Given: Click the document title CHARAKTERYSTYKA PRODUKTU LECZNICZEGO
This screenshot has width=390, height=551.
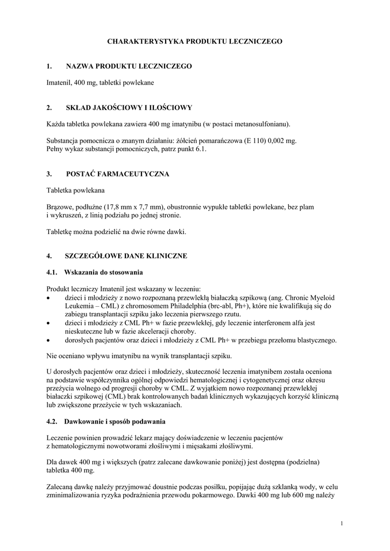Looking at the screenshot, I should click(x=194, y=41).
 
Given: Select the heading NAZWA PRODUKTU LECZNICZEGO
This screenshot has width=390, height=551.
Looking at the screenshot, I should click(x=129, y=66).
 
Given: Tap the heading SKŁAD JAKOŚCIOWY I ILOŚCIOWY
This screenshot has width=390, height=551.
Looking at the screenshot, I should click(x=129, y=108).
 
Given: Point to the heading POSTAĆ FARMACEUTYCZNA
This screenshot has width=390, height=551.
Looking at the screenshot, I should click(x=118, y=174).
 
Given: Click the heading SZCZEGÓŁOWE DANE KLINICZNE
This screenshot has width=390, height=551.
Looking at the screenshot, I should click(x=126, y=256).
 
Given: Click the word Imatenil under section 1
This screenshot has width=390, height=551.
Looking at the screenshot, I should click(x=59, y=83).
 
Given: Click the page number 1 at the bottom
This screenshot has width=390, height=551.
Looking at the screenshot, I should click(x=342, y=522).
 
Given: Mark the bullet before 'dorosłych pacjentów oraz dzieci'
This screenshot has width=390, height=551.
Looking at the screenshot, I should click(x=49, y=340).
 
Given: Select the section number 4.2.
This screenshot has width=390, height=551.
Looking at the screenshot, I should click(x=52, y=420).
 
